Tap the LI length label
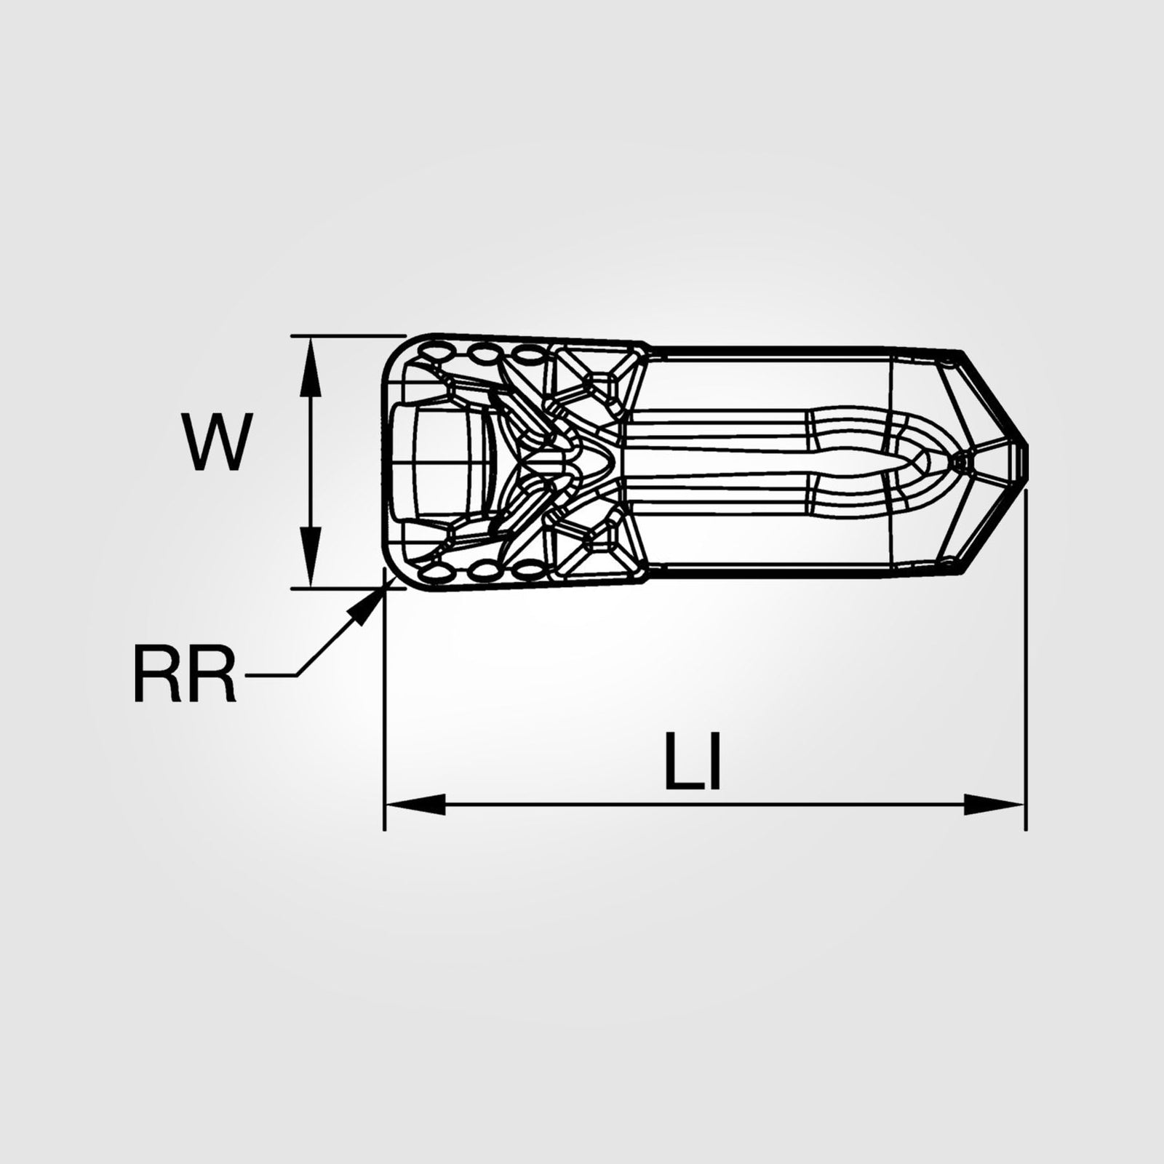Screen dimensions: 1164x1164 point(693,763)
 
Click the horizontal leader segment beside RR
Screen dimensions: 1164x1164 point(271,676)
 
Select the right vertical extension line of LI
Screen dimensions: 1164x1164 point(1025,655)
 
